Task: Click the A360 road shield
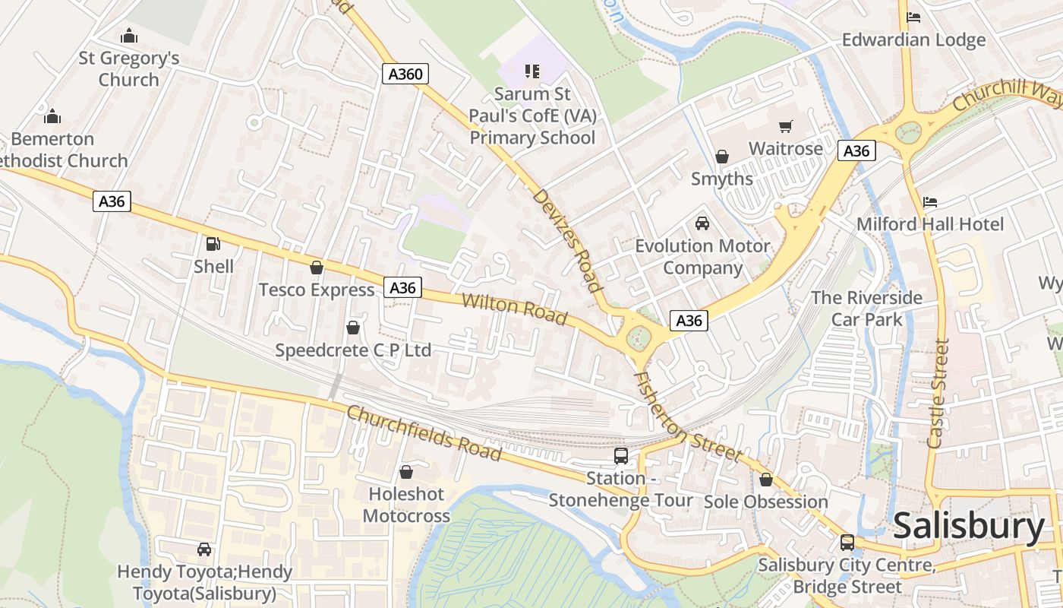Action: [405, 74]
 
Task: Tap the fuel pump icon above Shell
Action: [213, 244]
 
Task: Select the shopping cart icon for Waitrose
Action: [785, 126]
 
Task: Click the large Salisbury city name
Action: [969, 526]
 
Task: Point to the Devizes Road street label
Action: [567, 240]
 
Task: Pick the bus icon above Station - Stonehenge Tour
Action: [621, 456]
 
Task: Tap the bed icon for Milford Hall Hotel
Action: [930, 202]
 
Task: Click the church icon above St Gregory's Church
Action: [129, 36]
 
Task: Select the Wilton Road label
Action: [514, 308]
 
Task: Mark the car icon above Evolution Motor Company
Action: [702, 223]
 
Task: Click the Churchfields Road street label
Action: [424, 432]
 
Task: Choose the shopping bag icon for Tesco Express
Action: [317, 268]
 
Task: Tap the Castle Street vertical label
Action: [938, 393]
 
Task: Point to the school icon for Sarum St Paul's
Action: [532, 71]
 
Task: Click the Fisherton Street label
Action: [686, 416]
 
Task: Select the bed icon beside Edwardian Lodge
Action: [913, 17]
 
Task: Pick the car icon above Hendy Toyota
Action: [203, 549]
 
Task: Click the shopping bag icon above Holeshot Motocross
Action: [406, 472]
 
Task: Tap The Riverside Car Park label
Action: [866, 308]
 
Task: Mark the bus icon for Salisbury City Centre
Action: [847, 543]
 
